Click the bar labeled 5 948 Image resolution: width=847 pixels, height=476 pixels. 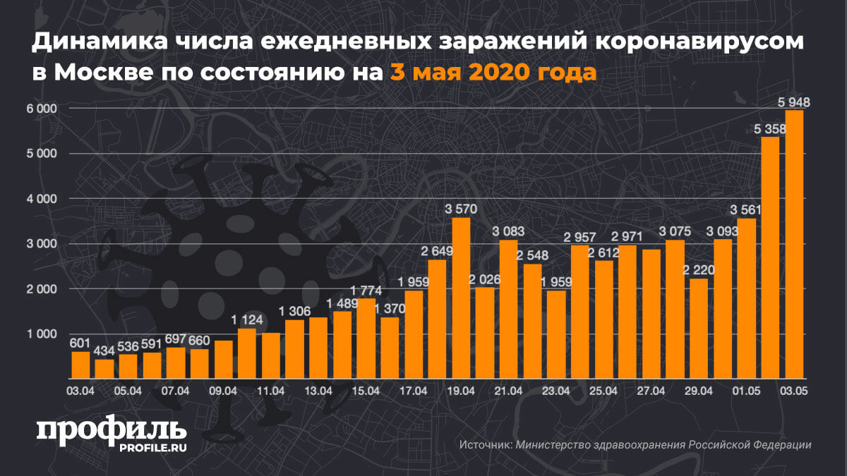[x=794, y=244]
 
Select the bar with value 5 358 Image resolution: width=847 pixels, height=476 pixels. [x=771, y=257]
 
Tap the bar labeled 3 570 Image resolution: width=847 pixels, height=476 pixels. [x=461, y=298]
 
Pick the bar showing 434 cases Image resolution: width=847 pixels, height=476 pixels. [x=104, y=369]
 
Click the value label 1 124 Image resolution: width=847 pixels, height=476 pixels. [x=247, y=319]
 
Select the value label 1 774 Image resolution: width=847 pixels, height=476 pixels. [x=366, y=290]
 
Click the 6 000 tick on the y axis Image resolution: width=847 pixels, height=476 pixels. [x=42, y=109]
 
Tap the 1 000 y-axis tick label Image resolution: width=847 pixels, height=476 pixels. [x=42, y=334]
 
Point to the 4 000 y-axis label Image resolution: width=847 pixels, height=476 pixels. [x=42, y=200]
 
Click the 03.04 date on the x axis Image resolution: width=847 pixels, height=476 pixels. [x=80, y=391]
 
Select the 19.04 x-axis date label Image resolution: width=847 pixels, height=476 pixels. [x=460, y=391]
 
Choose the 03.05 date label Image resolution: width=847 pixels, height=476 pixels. [x=793, y=391]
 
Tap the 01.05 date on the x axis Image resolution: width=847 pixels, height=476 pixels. [x=746, y=391]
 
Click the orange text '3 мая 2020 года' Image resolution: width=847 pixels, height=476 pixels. [x=492, y=72]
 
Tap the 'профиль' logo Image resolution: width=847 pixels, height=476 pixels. [x=111, y=429]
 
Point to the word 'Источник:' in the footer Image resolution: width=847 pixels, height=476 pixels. [x=486, y=445]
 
